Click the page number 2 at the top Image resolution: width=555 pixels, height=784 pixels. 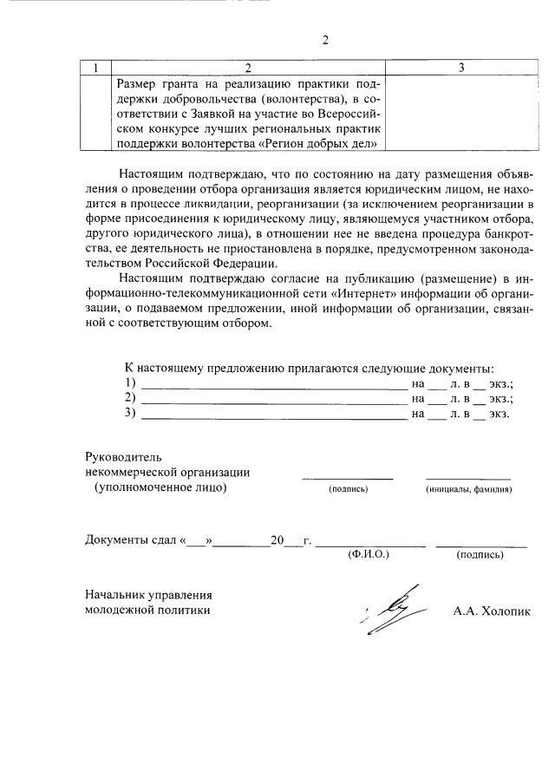tap(325, 40)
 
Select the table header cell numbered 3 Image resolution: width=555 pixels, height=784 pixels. tap(461, 68)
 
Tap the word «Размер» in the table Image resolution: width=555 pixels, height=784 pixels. tap(140, 83)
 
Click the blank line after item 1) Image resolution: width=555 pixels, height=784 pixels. tap(273, 383)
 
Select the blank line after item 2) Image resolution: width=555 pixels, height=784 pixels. tap(273, 399)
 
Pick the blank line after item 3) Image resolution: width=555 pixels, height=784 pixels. tap(273, 415)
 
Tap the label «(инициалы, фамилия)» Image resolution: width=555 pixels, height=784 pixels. tap(468, 490)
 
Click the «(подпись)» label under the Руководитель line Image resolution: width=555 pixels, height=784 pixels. tap(348, 490)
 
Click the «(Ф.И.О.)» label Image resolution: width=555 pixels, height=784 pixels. tap(368, 553)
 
